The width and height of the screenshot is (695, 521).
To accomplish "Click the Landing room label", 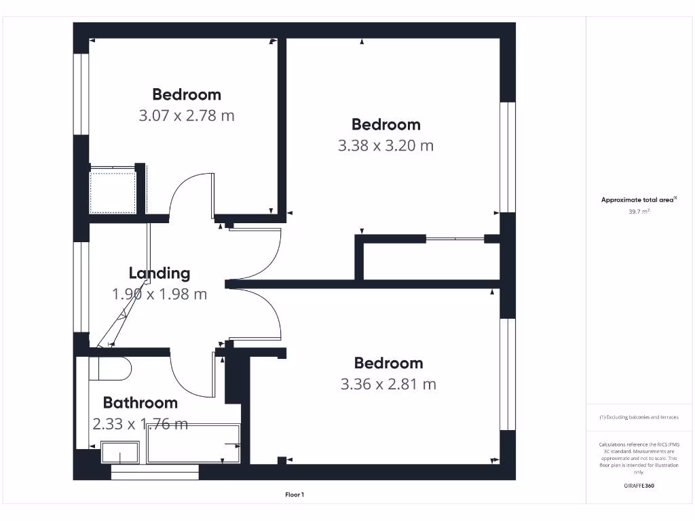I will tap(159, 273).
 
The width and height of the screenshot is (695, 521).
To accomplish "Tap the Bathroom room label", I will tap(140, 403).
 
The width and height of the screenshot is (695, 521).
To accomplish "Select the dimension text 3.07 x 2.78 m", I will tap(187, 115).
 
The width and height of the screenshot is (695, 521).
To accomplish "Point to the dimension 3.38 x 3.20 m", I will tap(386, 145).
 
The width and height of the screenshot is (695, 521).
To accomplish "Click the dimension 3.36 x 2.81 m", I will tap(388, 384).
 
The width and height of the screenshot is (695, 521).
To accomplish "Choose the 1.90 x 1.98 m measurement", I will tap(159, 294).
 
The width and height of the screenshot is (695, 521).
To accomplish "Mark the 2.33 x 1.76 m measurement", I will tap(140, 424).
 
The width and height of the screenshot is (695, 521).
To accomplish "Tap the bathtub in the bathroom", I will tap(193, 444).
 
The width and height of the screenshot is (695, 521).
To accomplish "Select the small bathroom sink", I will tap(120, 452).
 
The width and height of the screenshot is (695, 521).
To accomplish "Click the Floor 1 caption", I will tap(295, 495).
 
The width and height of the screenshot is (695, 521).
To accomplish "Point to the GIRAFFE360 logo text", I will tap(639, 486).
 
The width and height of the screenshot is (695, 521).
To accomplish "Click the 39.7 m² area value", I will tap(639, 212).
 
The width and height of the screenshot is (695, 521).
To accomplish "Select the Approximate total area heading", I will tap(639, 199).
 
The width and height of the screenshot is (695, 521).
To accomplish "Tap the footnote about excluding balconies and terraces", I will tap(639, 417).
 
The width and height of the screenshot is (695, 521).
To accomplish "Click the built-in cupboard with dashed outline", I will tap(113, 193).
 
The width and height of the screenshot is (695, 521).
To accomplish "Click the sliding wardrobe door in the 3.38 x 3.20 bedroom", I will tap(454, 239).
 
